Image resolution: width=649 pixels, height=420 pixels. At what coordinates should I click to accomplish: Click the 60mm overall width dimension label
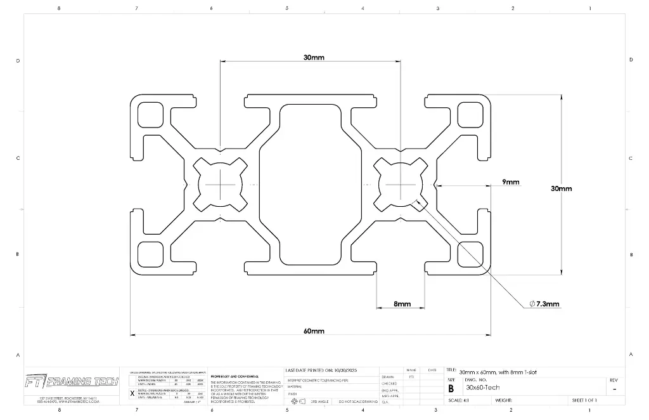pyautogui.click(x=314, y=331)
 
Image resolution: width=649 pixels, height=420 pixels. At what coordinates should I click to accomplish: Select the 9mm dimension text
pyautogui.click(x=510, y=182)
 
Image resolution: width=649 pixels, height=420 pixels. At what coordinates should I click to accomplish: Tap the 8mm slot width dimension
pyautogui.click(x=402, y=304)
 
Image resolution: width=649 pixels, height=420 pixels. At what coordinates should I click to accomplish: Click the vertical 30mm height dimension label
pyautogui.click(x=561, y=188)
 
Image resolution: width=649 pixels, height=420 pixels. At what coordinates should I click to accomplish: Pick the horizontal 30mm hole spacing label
pyautogui.click(x=314, y=57)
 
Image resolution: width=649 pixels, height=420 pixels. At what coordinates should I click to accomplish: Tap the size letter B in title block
pyautogui.click(x=451, y=388)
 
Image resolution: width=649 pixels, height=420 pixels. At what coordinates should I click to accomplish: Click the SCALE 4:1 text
pyautogui.click(x=458, y=400)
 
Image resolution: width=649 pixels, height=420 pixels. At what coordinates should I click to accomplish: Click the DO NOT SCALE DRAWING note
pyautogui.click(x=358, y=402)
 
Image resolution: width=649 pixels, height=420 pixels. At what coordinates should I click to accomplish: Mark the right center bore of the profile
pyautogui.click(x=401, y=185)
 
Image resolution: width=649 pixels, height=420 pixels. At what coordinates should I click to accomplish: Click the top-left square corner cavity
pyautogui.click(x=150, y=115)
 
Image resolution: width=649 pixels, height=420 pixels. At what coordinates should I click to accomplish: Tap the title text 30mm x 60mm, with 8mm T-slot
pyautogui.click(x=498, y=372)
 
